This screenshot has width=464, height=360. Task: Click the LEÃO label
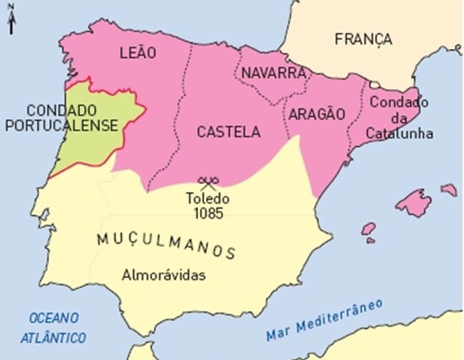click(138, 53)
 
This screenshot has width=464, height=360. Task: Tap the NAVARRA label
click(274, 73)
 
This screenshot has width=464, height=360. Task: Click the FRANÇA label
click(363, 38)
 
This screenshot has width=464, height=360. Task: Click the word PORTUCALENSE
click(61, 124)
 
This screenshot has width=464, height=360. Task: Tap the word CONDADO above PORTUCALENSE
click(61, 110)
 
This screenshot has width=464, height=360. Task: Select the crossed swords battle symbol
click(207, 182)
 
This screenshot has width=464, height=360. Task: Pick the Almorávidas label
click(164, 274)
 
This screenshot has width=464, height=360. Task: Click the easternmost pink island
click(449, 189)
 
